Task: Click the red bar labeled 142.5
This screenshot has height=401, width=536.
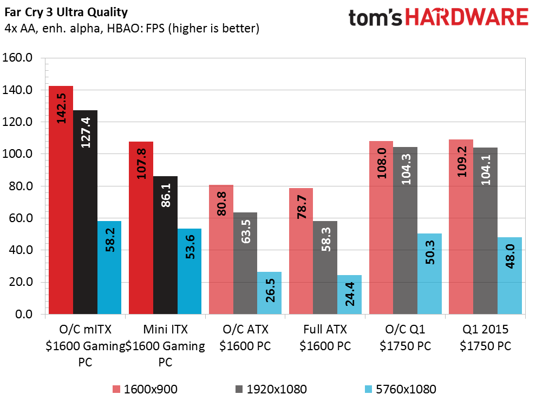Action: [x=61, y=200]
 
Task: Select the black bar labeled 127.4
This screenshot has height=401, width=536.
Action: [x=85, y=212]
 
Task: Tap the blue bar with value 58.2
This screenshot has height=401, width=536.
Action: [x=109, y=268]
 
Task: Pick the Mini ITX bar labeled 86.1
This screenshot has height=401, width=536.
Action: [x=166, y=245]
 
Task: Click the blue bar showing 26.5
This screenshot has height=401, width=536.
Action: [x=270, y=293]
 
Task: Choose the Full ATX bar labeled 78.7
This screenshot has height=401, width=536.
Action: [x=301, y=251]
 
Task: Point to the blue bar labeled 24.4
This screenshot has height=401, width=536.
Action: [x=349, y=295]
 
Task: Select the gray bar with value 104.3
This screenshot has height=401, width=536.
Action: [x=406, y=230]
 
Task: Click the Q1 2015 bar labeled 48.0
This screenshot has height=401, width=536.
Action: [x=509, y=276]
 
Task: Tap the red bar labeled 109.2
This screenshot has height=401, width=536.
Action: [x=461, y=226]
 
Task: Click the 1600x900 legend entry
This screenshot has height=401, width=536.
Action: [x=145, y=389]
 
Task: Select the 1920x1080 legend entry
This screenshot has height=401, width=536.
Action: [x=271, y=389]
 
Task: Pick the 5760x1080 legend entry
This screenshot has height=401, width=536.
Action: [x=401, y=389]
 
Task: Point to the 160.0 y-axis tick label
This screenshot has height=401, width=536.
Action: [x=17, y=57]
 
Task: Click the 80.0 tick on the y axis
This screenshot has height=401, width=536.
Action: [x=21, y=186]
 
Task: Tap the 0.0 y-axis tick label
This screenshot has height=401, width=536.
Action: [x=24, y=314]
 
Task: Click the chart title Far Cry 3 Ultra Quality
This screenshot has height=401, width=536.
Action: [x=66, y=12]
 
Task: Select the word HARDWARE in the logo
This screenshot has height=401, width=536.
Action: [x=467, y=17]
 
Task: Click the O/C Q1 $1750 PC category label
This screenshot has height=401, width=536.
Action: [x=406, y=338]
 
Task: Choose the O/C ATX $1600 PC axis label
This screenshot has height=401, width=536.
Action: [x=245, y=338]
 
